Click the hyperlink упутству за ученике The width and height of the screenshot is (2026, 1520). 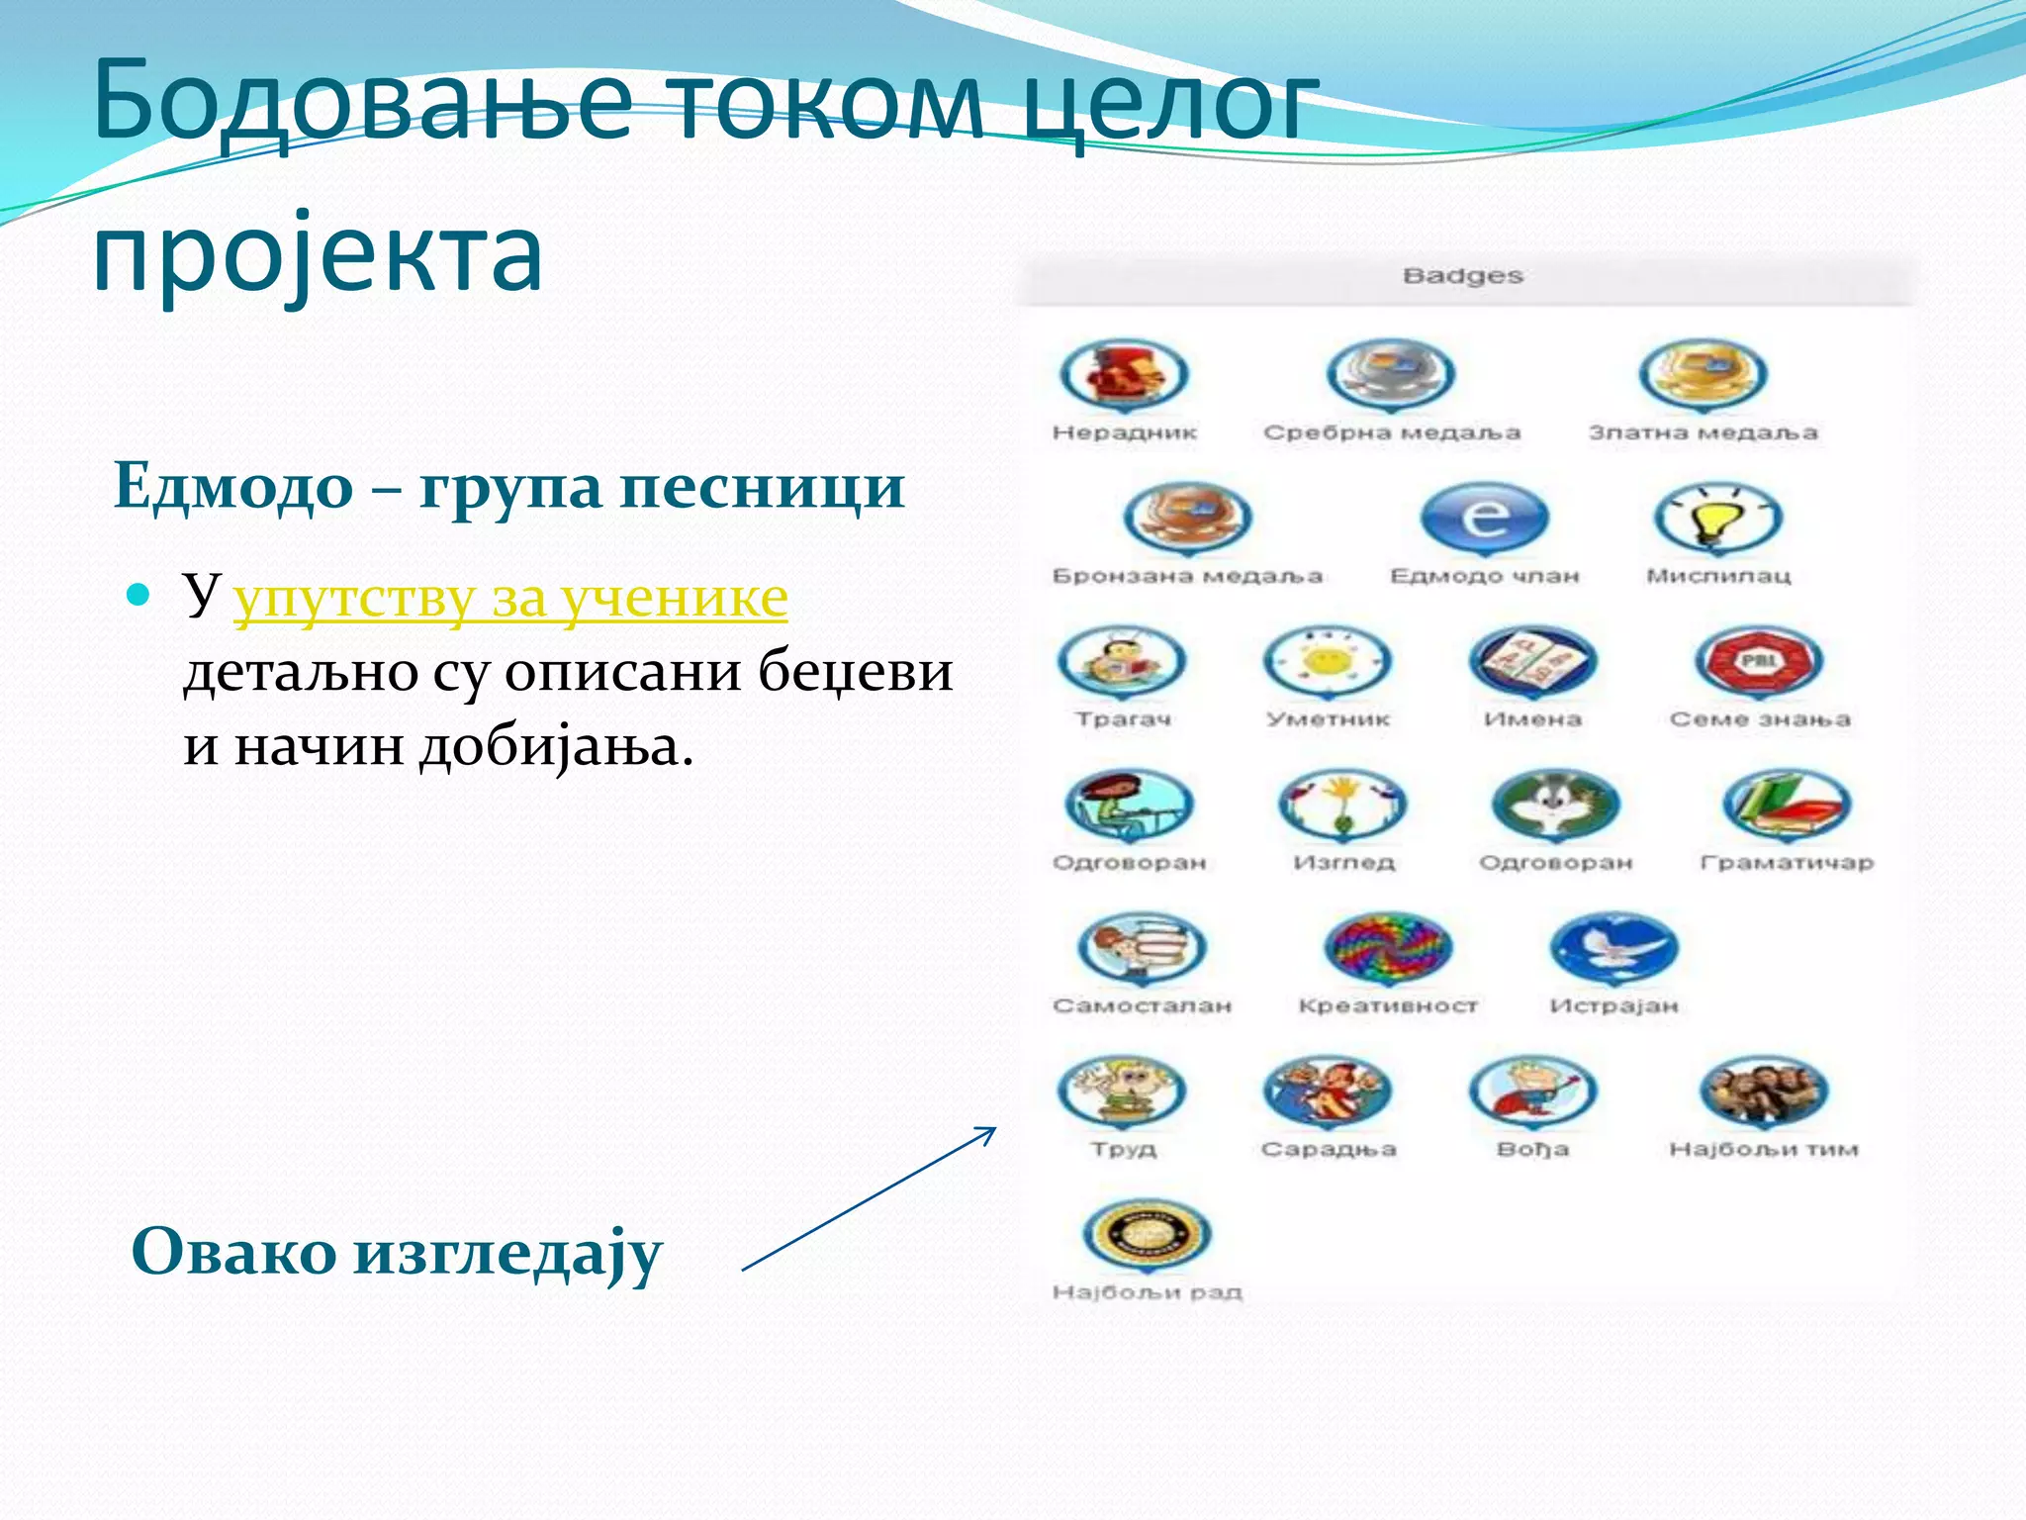510,598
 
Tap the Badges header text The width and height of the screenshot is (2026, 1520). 1462,276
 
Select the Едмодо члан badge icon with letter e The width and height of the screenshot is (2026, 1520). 1484,518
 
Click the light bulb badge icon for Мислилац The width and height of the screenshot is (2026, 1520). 1718,518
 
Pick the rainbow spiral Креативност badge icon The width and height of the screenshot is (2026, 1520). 1388,947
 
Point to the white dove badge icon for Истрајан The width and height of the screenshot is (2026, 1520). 1613,947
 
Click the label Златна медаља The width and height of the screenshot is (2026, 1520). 1703,432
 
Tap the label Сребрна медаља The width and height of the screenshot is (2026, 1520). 1391,432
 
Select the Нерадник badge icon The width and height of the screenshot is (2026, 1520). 1124,375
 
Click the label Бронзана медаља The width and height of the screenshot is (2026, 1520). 1187,576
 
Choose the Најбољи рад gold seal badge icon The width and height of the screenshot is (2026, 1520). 1147,1234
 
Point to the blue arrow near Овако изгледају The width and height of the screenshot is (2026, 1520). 869,1198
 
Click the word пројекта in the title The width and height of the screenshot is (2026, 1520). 318,254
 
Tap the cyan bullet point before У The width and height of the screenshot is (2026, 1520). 138,595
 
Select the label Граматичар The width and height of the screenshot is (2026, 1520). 1787,863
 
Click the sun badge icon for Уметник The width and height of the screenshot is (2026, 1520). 1328,661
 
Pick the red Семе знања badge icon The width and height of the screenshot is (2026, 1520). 1758,661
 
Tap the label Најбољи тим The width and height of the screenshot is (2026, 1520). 1763,1149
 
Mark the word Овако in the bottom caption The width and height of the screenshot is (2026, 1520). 233,1252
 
